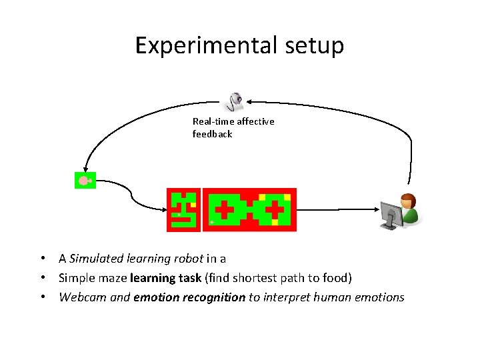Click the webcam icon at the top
[235, 101]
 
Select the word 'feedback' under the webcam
[213, 134]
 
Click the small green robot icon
[85, 180]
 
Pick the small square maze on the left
[183, 209]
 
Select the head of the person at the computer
[406, 201]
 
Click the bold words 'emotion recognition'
[189, 297]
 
